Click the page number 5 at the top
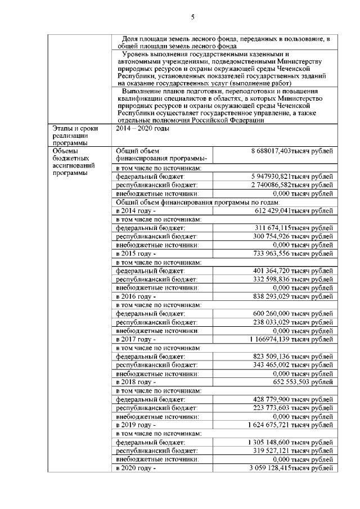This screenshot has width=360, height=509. point(192,17)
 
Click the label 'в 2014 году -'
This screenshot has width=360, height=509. point(136,210)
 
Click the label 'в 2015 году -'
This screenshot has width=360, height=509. point(136,253)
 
